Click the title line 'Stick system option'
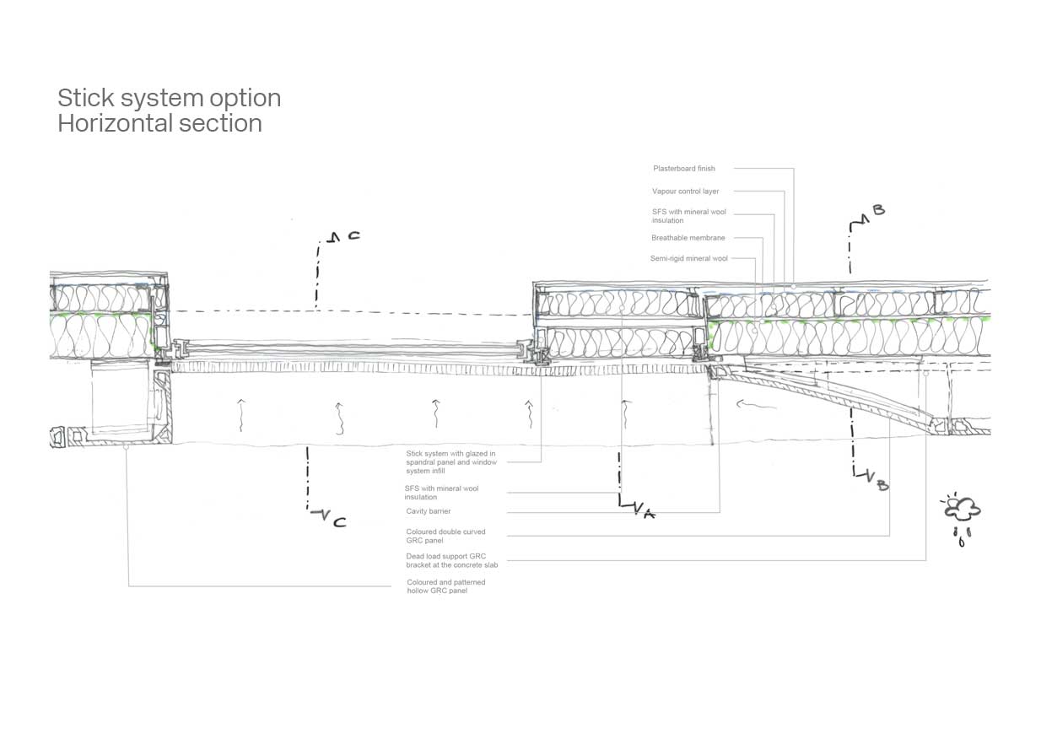point(169,98)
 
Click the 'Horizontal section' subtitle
point(159,123)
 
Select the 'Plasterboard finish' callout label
point(683,169)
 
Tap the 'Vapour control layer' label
point(685,192)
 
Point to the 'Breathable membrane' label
point(688,238)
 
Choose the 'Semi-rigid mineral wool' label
point(688,258)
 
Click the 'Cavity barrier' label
point(428,511)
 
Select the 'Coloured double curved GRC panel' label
point(445,537)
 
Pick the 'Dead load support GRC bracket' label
point(451,560)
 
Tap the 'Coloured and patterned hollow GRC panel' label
point(445,586)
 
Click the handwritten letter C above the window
point(353,236)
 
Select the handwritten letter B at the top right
point(878,209)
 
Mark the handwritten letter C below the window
point(339,522)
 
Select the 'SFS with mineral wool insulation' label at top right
point(688,216)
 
